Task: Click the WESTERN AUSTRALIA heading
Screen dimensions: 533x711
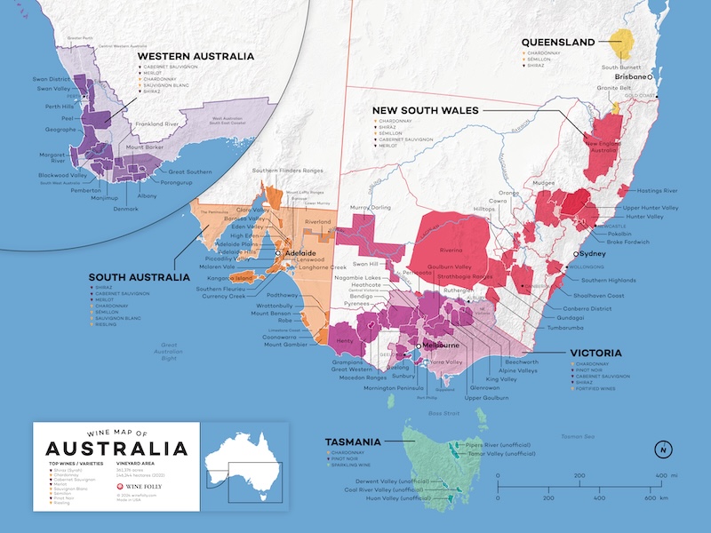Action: [196, 56]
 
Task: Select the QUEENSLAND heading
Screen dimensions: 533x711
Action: [557, 42]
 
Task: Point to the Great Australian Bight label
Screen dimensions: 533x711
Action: [169, 352]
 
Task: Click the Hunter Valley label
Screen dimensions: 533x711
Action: [646, 217]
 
